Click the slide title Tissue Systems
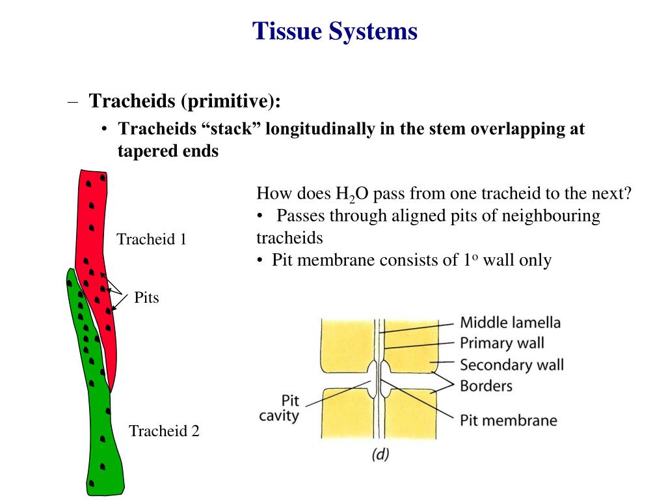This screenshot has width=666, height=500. (x=335, y=31)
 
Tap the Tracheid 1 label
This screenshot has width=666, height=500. (x=152, y=240)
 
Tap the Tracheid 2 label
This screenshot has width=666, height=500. (x=164, y=431)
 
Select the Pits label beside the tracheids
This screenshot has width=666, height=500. (x=146, y=298)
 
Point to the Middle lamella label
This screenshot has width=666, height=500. (x=510, y=322)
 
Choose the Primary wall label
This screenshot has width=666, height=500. (x=501, y=342)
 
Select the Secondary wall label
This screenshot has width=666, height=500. (x=511, y=364)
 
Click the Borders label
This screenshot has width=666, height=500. (x=486, y=385)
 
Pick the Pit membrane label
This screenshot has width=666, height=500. (x=508, y=420)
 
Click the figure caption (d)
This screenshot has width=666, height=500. (x=380, y=454)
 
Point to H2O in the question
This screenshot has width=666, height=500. (x=351, y=195)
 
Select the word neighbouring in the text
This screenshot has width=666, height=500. (x=546, y=216)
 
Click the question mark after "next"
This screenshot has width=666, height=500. (x=628, y=194)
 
